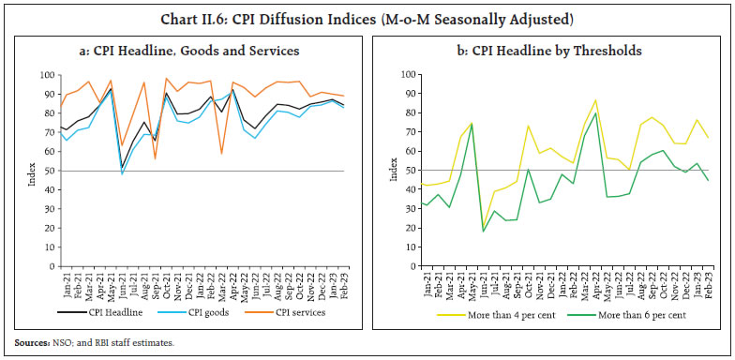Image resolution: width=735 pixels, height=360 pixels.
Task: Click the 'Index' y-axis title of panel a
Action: pyautogui.click(x=32, y=171)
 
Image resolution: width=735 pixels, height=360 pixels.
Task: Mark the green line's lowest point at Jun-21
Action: pyautogui.click(x=483, y=231)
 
